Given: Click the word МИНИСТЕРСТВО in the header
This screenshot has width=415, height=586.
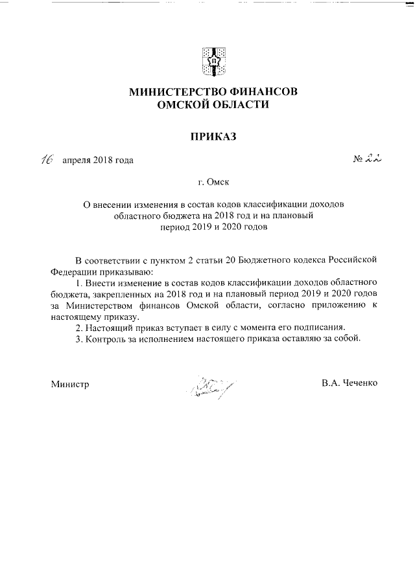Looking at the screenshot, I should [178, 92].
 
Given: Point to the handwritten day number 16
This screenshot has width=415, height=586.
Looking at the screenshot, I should [47, 159].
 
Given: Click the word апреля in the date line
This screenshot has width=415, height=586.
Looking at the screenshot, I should [76, 161].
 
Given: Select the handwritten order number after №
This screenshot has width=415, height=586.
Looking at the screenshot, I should [373, 159].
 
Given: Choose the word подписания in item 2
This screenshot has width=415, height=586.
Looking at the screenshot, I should [315, 327].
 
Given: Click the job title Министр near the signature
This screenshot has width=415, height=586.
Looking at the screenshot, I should [70, 383].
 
